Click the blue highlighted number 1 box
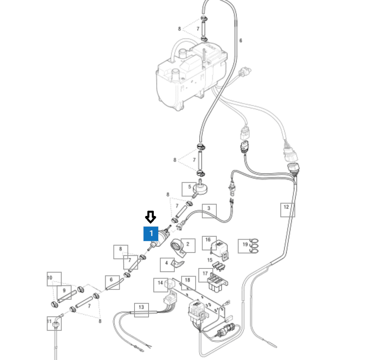pyautogui.click(x=151, y=234)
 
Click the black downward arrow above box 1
pyautogui.click(x=151, y=217)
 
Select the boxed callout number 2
pyautogui.click(x=188, y=246)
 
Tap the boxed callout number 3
pyautogui.click(x=209, y=211)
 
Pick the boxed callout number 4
pyautogui.click(x=167, y=265)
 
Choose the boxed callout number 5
pyautogui.click(x=189, y=189)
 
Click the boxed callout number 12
pyautogui.click(x=288, y=210)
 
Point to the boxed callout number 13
pyautogui.click(x=141, y=310)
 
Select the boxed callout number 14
pyautogui.click(x=161, y=285)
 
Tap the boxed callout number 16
pyautogui.click(x=209, y=243)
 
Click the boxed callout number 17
pyautogui.click(x=206, y=275)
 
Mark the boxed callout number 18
pyautogui.click(x=188, y=283)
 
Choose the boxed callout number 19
pyautogui.click(x=245, y=246)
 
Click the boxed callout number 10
pyautogui.click(x=54, y=279)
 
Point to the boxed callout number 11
pyautogui.click(x=54, y=323)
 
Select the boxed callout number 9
pyautogui.click(x=64, y=293)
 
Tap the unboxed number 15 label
pyautogui.click(x=210, y=260)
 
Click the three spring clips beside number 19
pyautogui.click(x=254, y=246)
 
